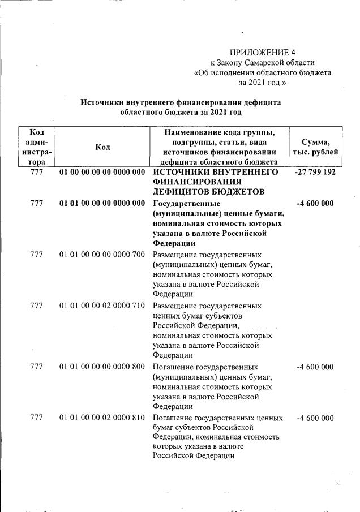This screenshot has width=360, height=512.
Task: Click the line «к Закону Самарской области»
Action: click(263, 62)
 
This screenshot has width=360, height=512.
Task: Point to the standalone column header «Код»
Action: click(102, 147)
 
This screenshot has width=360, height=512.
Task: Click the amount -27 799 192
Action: click(315, 171)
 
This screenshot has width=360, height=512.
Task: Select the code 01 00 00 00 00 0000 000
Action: click(102, 171)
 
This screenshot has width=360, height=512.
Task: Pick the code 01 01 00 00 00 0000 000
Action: click(102, 203)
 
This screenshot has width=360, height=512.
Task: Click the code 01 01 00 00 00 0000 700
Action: click(102, 255)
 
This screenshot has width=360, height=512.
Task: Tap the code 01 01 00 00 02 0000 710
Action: click(102, 306)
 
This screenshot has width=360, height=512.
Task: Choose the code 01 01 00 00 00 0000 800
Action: click(102, 367)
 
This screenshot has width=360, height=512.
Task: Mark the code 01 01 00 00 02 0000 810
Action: click(102, 418)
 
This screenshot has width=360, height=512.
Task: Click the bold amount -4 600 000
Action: click(315, 203)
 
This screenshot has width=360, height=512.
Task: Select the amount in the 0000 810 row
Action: click(315, 418)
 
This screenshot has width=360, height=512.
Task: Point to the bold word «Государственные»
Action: click(186, 203)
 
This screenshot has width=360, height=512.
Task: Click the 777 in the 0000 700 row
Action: click(37, 255)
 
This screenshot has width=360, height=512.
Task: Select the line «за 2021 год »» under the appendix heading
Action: click(263, 82)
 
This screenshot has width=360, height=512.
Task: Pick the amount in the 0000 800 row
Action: click(315, 367)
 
